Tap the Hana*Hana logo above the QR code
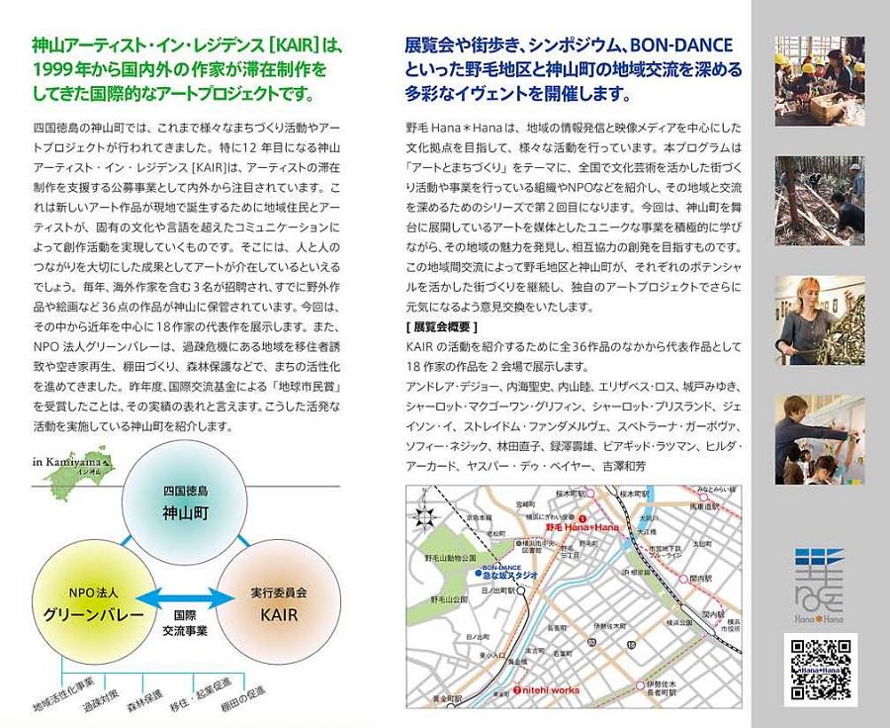coord(819,585)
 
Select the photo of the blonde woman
coord(819,319)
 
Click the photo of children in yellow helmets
coord(819,67)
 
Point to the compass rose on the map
coord(426,516)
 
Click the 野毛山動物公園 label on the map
coord(458,558)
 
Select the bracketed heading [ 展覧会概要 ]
coord(441,326)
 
